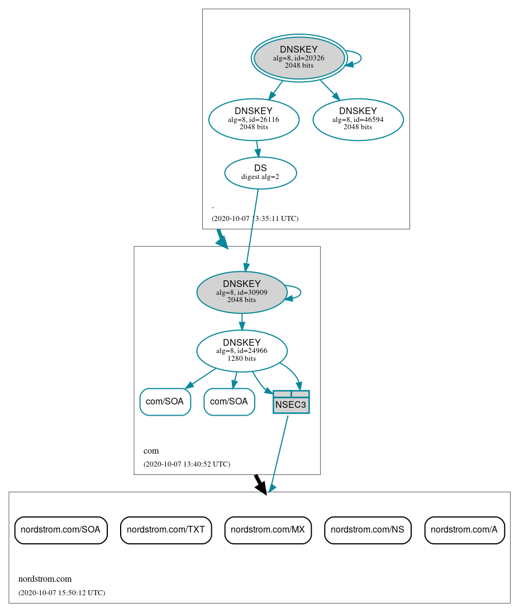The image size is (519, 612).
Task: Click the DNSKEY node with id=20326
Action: tap(299, 58)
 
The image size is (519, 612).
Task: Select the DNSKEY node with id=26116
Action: tap(254, 119)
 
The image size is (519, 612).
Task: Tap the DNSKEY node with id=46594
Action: tap(358, 119)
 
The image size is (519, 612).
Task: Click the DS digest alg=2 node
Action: tap(260, 173)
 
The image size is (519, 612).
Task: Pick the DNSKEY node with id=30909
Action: tap(242, 292)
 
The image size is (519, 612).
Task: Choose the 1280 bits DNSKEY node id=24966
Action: tap(242, 351)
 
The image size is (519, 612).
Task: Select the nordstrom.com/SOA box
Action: tap(61, 530)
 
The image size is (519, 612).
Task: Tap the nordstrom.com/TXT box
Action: tap(166, 530)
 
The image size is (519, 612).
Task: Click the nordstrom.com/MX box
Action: tap(268, 530)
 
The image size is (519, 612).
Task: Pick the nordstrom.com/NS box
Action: tap(368, 530)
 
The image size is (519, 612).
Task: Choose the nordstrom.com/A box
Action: tap(464, 530)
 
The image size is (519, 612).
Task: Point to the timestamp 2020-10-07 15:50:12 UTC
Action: tap(61, 592)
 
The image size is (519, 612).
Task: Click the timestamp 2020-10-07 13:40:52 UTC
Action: tap(187, 464)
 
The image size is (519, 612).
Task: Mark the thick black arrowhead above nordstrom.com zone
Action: tap(261, 487)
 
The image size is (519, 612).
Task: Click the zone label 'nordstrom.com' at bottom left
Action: tap(45, 579)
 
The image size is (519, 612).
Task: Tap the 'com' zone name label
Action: tap(151, 451)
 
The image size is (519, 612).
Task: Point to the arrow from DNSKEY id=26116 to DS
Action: tap(258, 149)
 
